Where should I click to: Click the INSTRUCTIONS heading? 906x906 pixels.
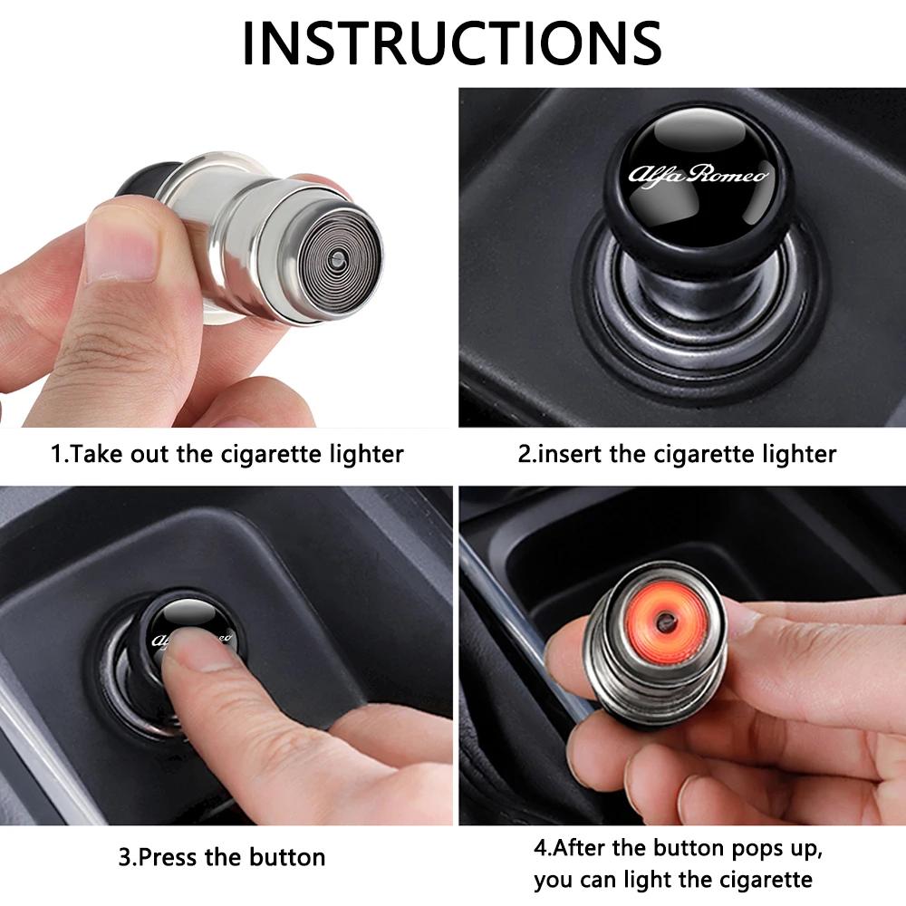[452, 41]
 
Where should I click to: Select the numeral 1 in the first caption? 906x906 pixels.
[55, 453]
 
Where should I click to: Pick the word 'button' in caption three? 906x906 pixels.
[285, 856]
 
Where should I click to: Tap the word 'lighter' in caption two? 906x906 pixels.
[794, 453]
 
